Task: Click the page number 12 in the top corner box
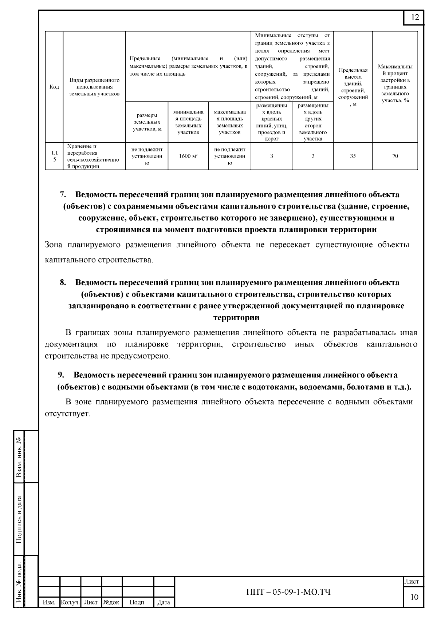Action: (x=415, y=17)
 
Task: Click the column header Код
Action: (x=54, y=87)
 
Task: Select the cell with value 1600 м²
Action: (x=188, y=156)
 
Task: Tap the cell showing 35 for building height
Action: (x=353, y=156)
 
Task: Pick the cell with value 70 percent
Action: (x=395, y=156)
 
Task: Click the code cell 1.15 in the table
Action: (x=54, y=156)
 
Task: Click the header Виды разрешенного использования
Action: (x=94, y=87)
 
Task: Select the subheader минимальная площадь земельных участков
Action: (x=188, y=122)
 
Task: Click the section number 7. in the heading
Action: (x=63, y=195)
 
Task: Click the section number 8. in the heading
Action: (x=63, y=282)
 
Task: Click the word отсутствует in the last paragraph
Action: (x=67, y=414)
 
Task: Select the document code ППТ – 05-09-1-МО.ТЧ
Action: (x=288, y=592)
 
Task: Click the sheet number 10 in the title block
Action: (x=414, y=597)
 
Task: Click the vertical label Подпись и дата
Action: (x=19, y=519)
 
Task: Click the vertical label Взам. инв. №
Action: (x=19, y=457)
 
